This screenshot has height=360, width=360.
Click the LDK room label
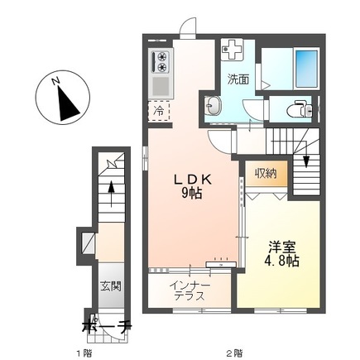pyautogui.click(x=192, y=187)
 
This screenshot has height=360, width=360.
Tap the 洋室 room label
pyautogui.click(x=282, y=253)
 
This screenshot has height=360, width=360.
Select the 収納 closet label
pyautogui.click(x=266, y=173)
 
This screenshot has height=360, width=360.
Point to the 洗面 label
pyautogui.click(x=238, y=79)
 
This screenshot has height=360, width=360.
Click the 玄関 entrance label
pyautogui.click(x=111, y=286)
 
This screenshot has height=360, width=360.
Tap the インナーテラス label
pyautogui.click(x=190, y=290)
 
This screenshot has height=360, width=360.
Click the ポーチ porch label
pyautogui.click(x=107, y=326)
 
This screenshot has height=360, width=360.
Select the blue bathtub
pyautogui.click(x=306, y=68)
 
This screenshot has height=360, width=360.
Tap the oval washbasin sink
pyautogui.click(x=214, y=105)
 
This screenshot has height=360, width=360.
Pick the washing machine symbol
pyautogui.click(x=233, y=50)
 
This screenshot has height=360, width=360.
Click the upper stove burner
pyautogui.click(x=161, y=56)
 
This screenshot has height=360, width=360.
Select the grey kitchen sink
pyautogui.click(x=161, y=85)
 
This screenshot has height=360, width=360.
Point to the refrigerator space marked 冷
pyautogui.click(x=159, y=111)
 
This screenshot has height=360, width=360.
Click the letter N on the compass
pyautogui.click(x=55, y=81)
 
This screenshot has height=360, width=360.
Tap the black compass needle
pyautogui.click(x=67, y=103)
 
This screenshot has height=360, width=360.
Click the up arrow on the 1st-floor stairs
pyautogui.click(x=111, y=194)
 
